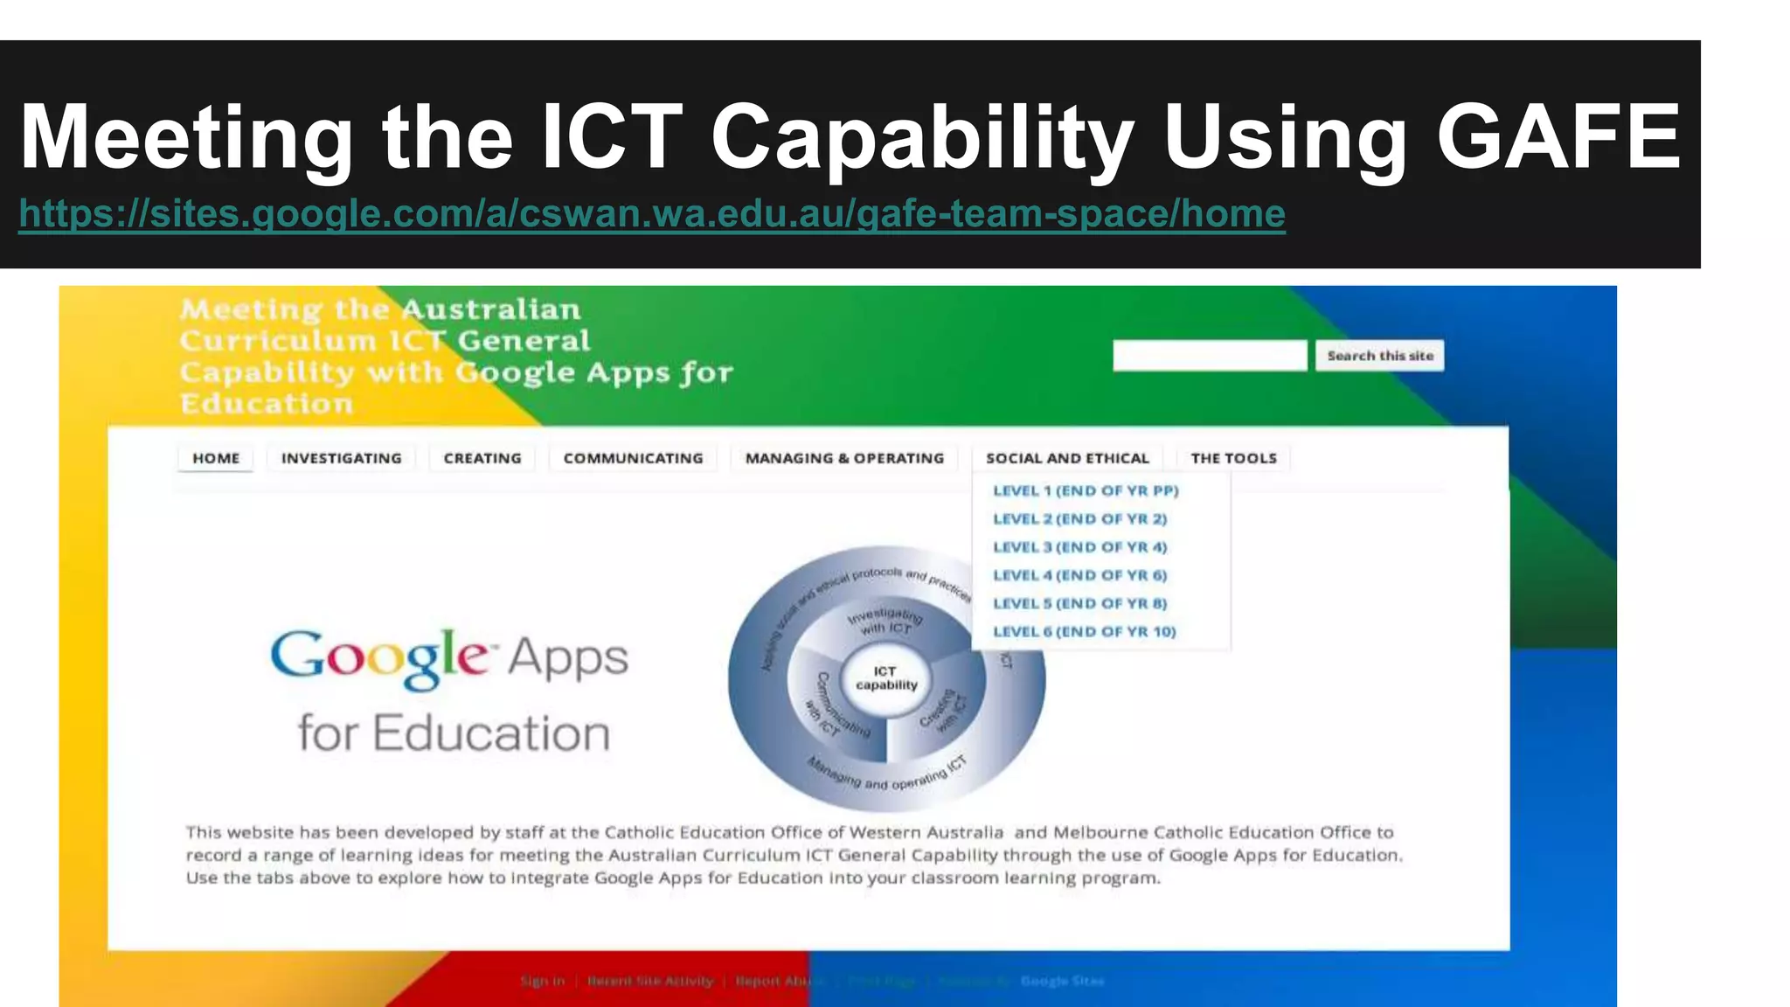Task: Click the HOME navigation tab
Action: coord(216,458)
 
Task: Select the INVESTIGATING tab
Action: coord(342,458)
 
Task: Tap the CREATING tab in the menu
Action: coord(482,458)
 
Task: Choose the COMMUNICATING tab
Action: coord(633,458)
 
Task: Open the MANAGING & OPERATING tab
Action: coord(844,458)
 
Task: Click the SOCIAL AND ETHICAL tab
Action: coord(1067,458)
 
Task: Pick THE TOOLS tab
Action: coord(1233,458)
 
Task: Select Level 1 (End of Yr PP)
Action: coord(1086,490)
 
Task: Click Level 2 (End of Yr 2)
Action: coord(1079,518)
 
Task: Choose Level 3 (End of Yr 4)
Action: coord(1079,547)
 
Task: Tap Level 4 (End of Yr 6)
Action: coord(1079,575)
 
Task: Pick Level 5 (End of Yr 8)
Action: coord(1079,603)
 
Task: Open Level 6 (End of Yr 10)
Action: coord(1084,631)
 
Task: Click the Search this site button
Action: coord(1379,356)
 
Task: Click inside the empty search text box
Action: coord(1209,356)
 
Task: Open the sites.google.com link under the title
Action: coord(651,213)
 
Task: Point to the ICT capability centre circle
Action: coord(886,678)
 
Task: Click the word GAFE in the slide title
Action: coord(1558,137)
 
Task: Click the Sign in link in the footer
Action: coord(542,981)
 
